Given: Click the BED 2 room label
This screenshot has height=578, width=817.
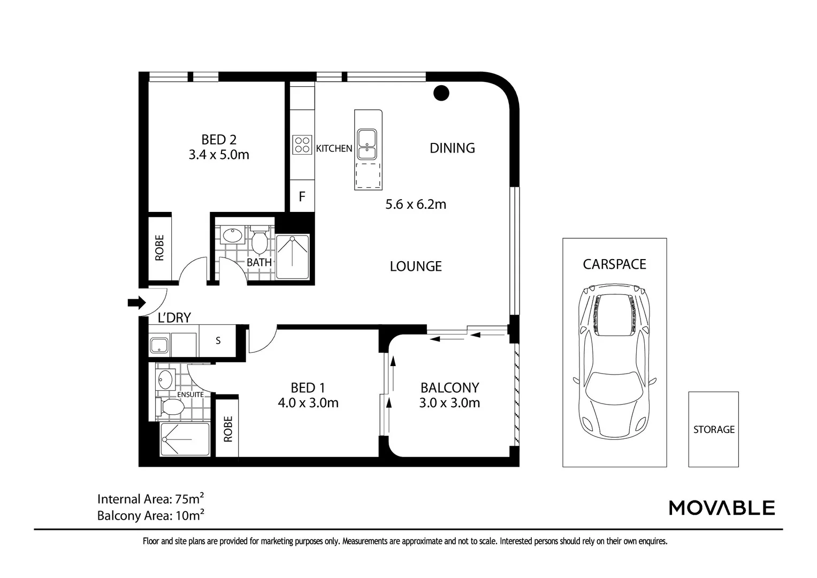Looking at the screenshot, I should [x=218, y=140].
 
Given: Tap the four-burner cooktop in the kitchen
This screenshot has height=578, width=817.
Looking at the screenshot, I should [x=302, y=145].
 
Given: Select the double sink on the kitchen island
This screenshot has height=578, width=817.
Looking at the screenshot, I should [x=367, y=144].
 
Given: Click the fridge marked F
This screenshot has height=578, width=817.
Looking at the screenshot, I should [x=302, y=196].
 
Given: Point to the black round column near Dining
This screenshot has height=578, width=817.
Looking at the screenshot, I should [x=441, y=93].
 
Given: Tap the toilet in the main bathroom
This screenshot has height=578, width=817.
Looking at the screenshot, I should [x=260, y=241].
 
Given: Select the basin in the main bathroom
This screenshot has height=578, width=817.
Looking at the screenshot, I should [x=232, y=235].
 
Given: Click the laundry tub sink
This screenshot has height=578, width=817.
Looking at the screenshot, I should [x=159, y=345].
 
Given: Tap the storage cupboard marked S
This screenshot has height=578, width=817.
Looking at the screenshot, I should [x=218, y=340].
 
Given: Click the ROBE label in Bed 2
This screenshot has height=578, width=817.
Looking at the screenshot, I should [x=159, y=248].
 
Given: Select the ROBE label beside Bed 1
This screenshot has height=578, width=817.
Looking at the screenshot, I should [x=228, y=429].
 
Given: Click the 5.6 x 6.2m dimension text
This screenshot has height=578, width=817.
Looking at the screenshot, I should [x=416, y=204].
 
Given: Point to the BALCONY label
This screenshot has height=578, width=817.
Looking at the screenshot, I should [x=449, y=387].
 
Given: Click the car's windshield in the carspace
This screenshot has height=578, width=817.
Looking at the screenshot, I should [x=614, y=385].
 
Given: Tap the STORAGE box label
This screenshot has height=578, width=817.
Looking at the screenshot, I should [x=714, y=429].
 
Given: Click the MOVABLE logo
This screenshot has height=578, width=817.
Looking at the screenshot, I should [x=722, y=507].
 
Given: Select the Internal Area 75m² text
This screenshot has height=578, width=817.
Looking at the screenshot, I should [x=150, y=499].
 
